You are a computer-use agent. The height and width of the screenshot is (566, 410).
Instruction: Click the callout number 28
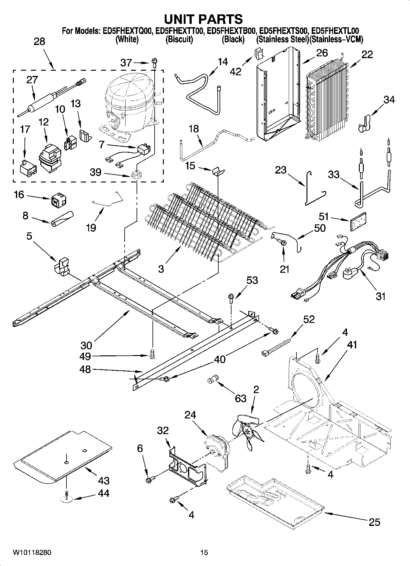pos(39,41)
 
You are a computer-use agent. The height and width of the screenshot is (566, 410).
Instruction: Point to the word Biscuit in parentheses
pos(179,39)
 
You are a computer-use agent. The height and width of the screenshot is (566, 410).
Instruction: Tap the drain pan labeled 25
pos(274,504)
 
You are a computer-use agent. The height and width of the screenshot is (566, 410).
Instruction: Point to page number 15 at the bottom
pos(204,553)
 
